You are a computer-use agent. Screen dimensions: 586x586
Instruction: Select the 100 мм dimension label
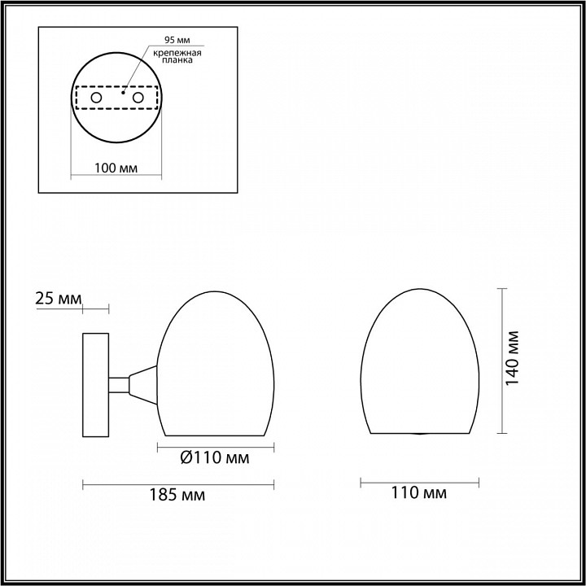(115, 168)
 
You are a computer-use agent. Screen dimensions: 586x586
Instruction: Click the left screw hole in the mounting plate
(96, 98)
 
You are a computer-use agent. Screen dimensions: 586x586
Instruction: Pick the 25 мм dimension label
(59, 299)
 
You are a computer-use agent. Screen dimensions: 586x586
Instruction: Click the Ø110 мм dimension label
(213, 459)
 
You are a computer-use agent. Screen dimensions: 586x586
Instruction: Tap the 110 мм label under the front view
(419, 492)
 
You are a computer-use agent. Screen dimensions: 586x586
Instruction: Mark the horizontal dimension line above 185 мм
(179, 483)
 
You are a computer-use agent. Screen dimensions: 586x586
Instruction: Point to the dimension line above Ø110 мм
(216, 446)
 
